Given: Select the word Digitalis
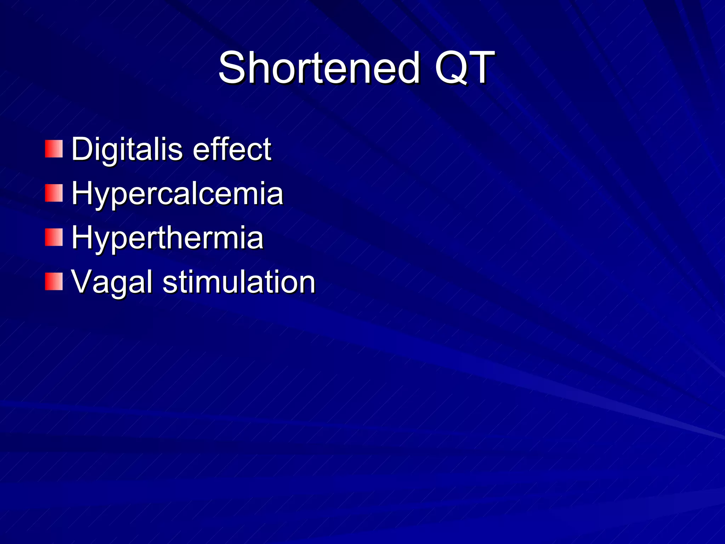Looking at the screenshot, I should click(x=127, y=149).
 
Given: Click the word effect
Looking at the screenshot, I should click(x=232, y=149).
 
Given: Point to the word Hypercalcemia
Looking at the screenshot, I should click(x=177, y=194).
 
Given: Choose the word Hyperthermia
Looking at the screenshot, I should click(x=167, y=238).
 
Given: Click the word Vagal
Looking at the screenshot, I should click(x=112, y=282).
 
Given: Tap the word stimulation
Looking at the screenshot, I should click(x=239, y=282).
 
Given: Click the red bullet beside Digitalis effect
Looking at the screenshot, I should click(x=53, y=149).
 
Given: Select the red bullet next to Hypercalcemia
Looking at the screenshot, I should click(x=53, y=193).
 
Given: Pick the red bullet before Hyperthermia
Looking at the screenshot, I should click(x=53, y=237).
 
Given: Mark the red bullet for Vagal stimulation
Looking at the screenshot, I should click(x=53, y=282).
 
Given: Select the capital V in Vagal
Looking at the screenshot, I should click(x=84, y=282).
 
